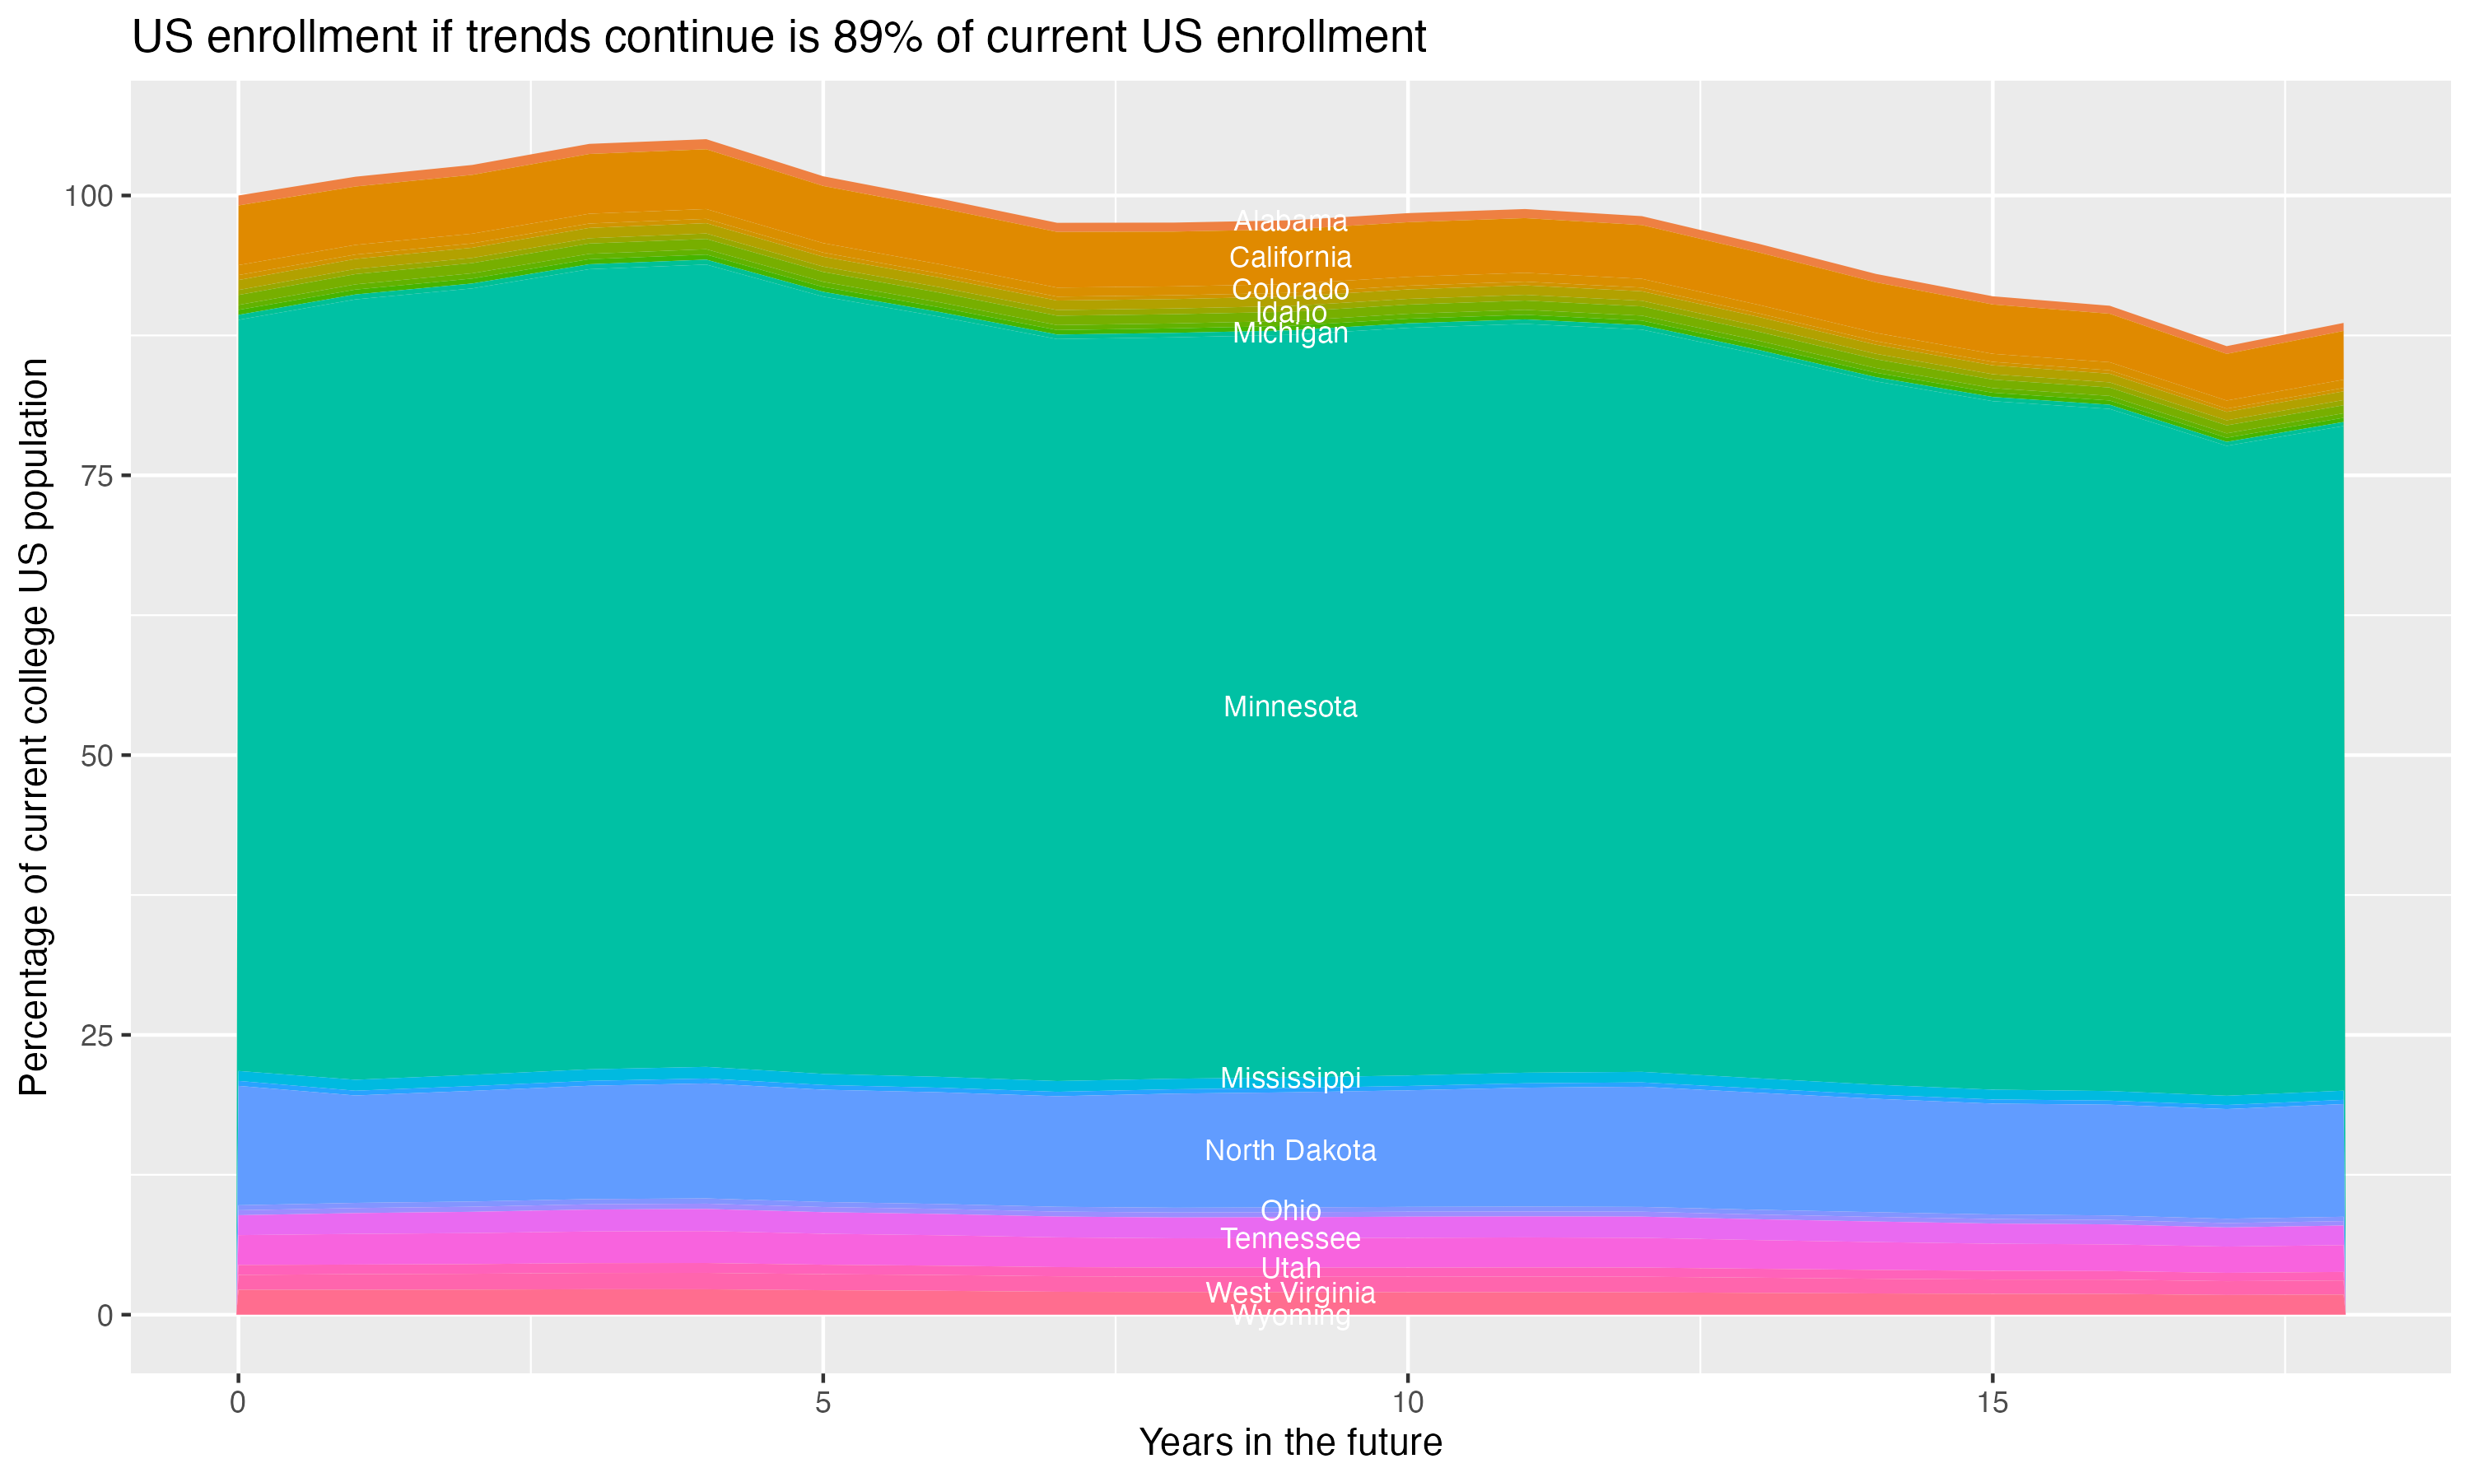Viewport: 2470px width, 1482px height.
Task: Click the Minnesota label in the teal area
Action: pyautogui.click(x=1290, y=707)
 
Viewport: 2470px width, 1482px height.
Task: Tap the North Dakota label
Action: pyautogui.click(x=1290, y=1150)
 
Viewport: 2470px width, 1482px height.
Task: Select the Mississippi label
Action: pyautogui.click(x=1290, y=1078)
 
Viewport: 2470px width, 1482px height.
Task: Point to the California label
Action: pyautogui.click(x=1290, y=258)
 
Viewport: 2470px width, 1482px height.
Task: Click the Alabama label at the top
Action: pyautogui.click(x=1290, y=221)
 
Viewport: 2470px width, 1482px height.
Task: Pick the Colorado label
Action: pyautogui.click(x=1290, y=290)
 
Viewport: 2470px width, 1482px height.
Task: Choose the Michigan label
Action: pyautogui.click(x=1290, y=333)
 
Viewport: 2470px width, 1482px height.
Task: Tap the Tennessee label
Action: pyautogui.click(x=1290, y=1238)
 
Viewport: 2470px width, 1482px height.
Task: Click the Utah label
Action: pyautogui.click(x=1290, y=1268)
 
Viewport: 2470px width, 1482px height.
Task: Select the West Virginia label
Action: pyautogui.click(x=1290, y=1293)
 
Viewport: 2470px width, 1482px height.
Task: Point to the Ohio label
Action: pyautogui.click(x=1290, y=1210)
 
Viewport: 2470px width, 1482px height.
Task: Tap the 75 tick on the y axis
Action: pyautogui.click(x=96, y=475)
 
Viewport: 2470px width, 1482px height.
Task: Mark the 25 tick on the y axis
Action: pyautogui.click(x=96, y=1036)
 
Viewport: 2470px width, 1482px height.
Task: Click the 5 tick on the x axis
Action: pyautogui.click(x=823, y=1403)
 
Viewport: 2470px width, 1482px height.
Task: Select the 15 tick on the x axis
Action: pyautogui.click(x=1992, y=1403)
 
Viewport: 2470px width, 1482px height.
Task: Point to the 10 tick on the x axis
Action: pyautogui.click(x=1407, y=1403)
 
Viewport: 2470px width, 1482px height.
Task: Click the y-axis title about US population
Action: pyautogui.click(x=34, y=726)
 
